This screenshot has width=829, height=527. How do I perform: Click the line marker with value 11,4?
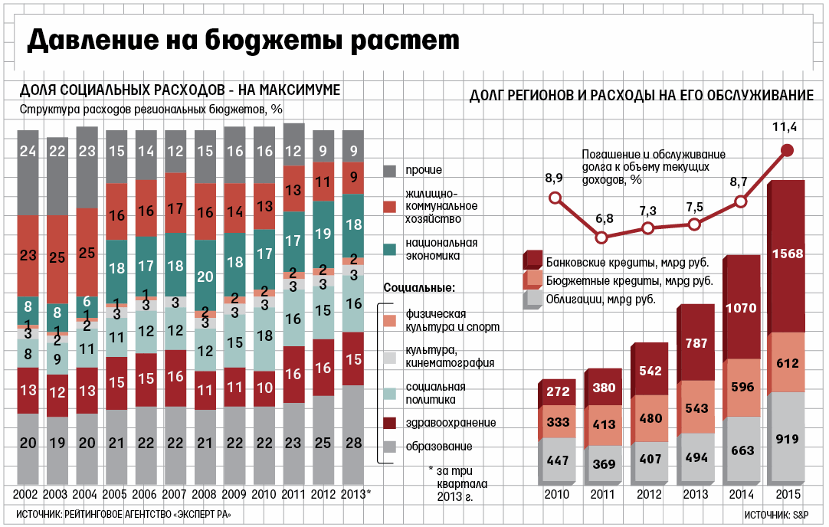(x=787, y=150)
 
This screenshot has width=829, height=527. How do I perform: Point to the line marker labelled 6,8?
(x=604, y=237)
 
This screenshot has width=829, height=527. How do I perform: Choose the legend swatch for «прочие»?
(x=389, y=169)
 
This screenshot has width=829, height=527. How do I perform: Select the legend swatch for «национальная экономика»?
(x=389, y=249)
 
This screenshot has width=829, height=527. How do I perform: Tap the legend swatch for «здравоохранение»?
(x=389, y=423)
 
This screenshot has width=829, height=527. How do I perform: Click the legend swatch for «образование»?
(x=389, y=446)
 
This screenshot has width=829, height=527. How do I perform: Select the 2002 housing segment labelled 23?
(x=28, y=254)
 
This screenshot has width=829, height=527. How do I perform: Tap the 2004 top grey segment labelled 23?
(x=87, y=152)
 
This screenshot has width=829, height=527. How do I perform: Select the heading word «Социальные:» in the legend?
(x=418, y=288)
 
